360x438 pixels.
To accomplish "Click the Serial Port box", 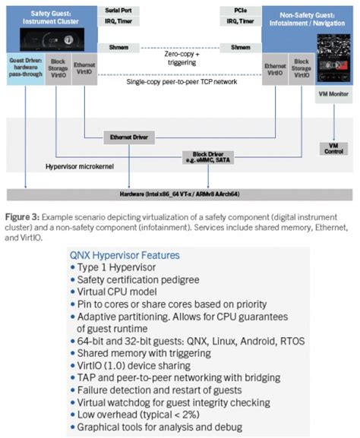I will [x=118, y=11].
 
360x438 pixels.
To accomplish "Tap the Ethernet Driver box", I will [x=128, y=137].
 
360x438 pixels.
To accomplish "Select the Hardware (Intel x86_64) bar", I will [x=179, y=194].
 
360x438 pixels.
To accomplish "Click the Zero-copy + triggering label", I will [x=179, y=58].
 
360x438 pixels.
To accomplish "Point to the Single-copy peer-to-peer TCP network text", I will [x=179, y=81].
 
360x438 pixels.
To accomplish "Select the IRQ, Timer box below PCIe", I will [x=240, y=24].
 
